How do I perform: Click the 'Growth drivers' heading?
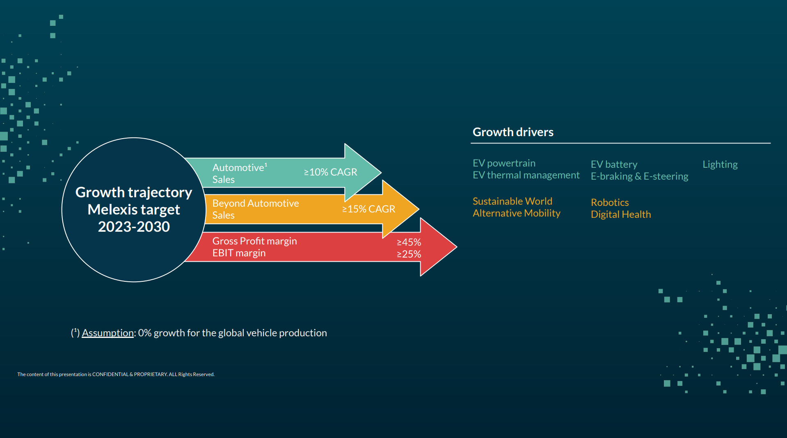point(513,132)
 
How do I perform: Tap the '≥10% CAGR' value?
point(330,172)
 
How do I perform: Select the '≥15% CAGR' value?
point(368,209)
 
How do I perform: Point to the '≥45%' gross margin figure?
point(409,242)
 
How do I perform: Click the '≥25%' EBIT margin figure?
point(409,254)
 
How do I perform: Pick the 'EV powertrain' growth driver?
point(504,163)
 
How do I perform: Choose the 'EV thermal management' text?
point(526,175)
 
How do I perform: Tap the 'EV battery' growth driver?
point(614,164)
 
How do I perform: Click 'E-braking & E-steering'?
point(639,176)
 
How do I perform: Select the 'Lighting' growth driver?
point(720,164)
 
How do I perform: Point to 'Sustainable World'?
point(512,201)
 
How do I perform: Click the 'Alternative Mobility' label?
point(516,213)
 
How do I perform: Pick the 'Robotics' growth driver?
point(610,203)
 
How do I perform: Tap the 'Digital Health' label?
point(620,214)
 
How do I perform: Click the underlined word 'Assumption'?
point(108,333)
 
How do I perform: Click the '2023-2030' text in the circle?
point(134,227)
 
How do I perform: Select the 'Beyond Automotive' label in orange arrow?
point(255,203)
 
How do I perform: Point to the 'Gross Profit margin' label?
point(254,241)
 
